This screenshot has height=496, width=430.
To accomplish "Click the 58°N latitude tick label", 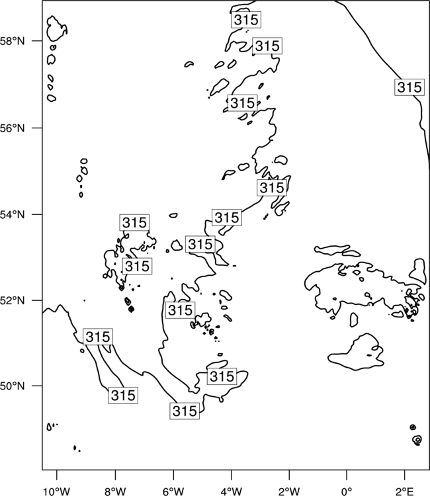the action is (12, 41).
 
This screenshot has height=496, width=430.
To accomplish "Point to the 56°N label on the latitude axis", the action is (12, 128).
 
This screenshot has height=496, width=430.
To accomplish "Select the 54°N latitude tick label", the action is (12, 215).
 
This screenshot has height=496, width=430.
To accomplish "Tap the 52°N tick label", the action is (12, 300).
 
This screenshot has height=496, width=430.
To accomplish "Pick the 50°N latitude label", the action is (12, 386).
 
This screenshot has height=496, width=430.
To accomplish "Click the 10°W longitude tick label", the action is (57, 491).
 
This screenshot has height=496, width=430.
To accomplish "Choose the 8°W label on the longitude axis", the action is (115, 491).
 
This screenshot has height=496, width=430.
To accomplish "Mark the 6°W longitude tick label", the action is (173, 491).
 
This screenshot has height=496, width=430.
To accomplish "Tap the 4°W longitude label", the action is (232, 491).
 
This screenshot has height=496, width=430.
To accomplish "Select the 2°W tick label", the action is (289, 491).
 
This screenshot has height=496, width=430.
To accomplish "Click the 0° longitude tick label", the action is (347, 491).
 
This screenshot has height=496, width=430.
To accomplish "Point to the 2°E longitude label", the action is (405, 491).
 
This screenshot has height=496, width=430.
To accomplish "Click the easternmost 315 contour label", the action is (409, 87).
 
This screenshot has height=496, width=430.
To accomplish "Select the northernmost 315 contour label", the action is (246, 20).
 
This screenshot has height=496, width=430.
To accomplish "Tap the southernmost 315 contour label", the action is (185, 411).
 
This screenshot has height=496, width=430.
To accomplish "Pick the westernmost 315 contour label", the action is (98, 337).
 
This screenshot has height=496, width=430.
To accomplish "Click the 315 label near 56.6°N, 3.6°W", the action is (242, 103).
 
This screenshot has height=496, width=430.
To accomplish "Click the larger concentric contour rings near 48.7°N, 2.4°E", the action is (417, 439).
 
